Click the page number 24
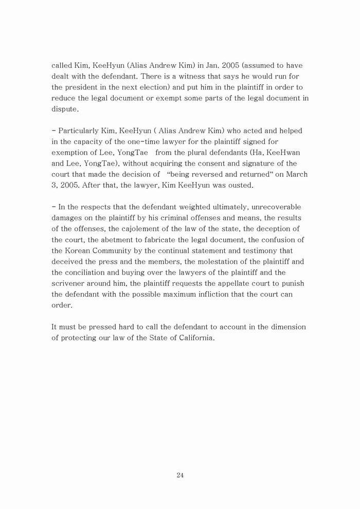tap(180, 475)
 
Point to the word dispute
tap(65, 109)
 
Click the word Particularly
tap(80, 131)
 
